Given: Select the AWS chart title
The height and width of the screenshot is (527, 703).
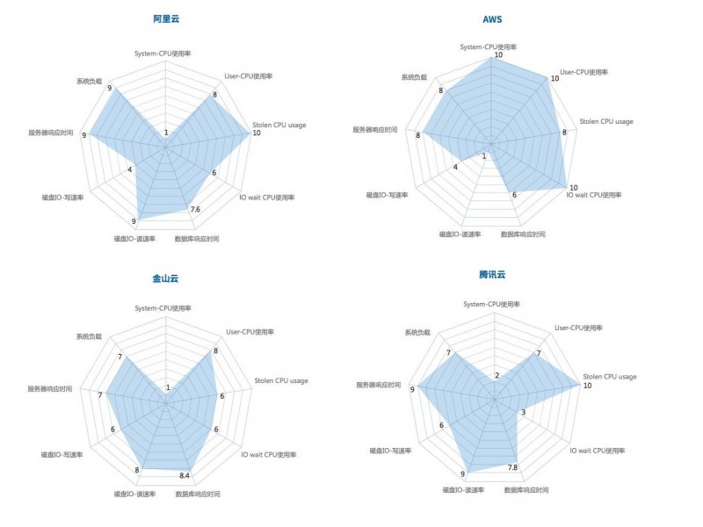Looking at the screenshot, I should tap(493, 18).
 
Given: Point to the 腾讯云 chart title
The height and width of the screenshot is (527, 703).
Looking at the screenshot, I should tap(493, 275).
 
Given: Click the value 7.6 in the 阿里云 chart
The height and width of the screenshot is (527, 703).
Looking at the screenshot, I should tap(194, 209).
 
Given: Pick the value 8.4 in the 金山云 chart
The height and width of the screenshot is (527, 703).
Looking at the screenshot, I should tap(185, 475).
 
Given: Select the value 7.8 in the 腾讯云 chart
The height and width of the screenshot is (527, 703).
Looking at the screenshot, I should tap(512, 467).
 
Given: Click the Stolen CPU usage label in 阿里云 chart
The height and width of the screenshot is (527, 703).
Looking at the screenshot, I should tap(279, 125).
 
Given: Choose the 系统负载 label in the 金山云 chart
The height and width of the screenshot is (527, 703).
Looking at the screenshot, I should tap(89, 336).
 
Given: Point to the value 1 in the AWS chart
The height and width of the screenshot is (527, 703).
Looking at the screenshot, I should tap(484, 155).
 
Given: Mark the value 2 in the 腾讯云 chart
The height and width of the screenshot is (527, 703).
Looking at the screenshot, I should tap(496, 376).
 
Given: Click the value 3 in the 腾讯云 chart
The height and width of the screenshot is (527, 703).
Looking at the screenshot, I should tap(523, 412).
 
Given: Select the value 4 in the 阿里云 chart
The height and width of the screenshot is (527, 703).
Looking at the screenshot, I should tap(129, 170).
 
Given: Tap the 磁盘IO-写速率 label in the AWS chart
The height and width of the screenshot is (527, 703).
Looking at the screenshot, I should tap(388, 194).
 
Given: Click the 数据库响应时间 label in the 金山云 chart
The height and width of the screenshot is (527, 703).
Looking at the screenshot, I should tap(198, 494).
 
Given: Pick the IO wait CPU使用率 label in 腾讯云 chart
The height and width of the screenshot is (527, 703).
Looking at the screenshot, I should tap(598, 451).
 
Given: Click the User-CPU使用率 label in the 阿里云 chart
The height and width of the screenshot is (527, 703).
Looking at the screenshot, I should tap(250, 76).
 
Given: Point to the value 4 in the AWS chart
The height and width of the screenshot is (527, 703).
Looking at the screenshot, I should tap(455, 167).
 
